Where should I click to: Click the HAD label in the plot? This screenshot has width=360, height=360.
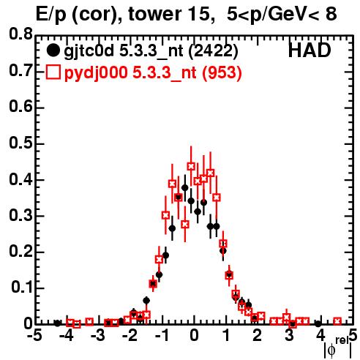coord(310,51)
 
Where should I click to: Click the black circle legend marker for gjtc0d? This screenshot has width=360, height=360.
coord(53,50)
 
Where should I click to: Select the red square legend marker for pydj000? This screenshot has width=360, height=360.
coord(53,72)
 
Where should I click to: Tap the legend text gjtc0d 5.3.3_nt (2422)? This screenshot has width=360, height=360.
coord(151,52)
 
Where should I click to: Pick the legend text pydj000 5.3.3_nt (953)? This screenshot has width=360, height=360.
coord(153,73)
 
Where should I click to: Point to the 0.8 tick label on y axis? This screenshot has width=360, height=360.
coord(20,34)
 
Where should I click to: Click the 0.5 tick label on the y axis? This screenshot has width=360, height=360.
coord(20,143)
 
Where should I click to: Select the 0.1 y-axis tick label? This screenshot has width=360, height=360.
coord(21,288)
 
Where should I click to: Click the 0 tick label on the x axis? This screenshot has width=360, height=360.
coord(194,336)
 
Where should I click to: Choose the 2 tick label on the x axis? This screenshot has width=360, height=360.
coord(257,336)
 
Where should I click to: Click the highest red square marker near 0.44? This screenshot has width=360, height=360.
coord(191,166)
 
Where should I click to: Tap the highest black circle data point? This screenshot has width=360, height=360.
coord(185,188)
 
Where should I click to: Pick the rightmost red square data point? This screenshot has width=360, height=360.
coord(337,321)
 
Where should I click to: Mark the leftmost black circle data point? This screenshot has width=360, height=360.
coord(57,323)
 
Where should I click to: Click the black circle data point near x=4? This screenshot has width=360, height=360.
coord(318,323)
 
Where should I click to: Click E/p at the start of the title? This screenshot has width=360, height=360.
coord(51,14)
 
